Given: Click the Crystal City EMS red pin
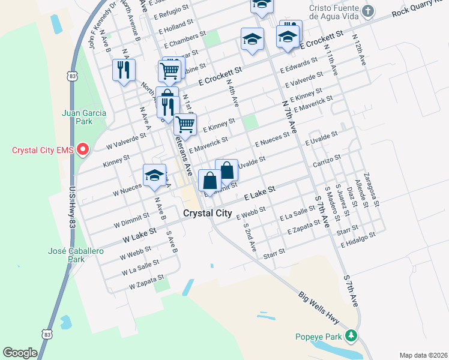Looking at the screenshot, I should (x=83, y=149).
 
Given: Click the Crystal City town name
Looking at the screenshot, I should (x=206, y=214).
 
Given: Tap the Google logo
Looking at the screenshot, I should (x=20, y=353).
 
